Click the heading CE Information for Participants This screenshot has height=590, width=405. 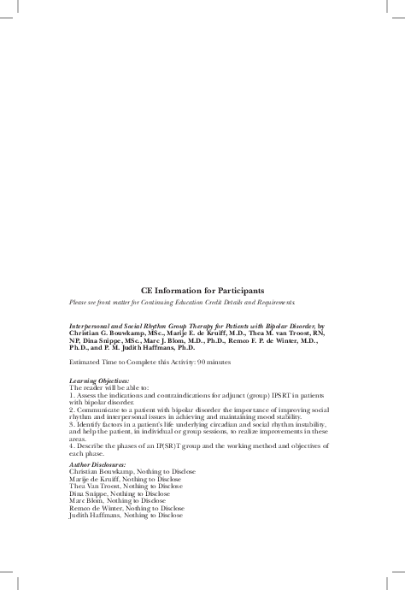202,291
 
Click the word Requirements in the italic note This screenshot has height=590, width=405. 273,303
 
